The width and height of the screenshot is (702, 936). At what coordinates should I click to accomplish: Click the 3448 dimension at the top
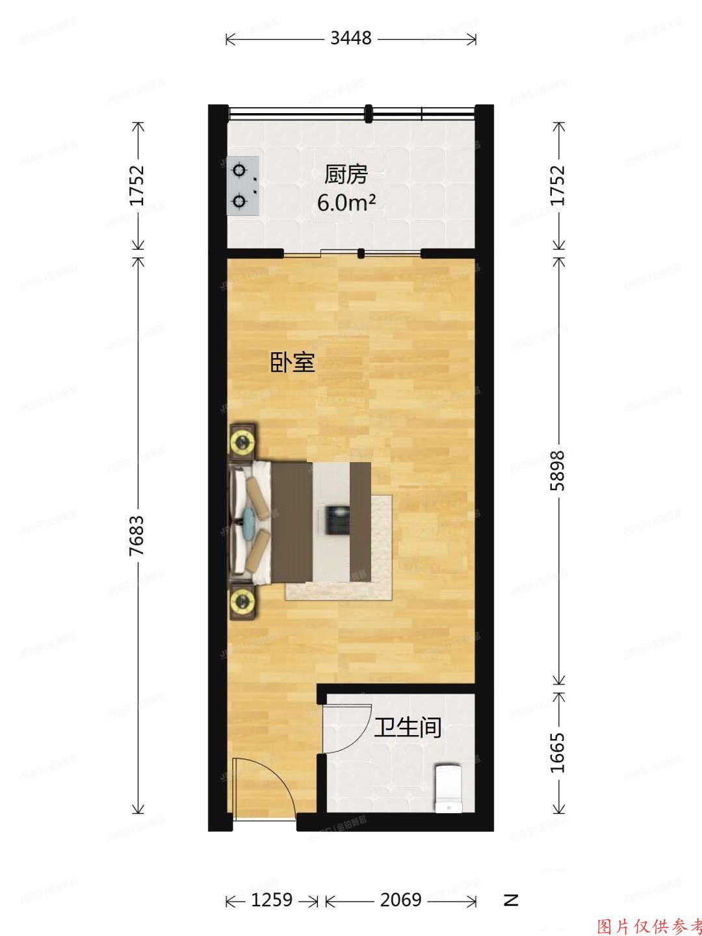[350, 38]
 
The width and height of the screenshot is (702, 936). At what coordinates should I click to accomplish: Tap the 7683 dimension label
[137, 536]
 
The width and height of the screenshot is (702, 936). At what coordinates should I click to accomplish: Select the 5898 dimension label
[558, 469]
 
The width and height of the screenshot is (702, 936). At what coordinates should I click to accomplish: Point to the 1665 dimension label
[558, 753]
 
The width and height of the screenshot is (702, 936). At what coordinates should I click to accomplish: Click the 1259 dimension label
[271, 900]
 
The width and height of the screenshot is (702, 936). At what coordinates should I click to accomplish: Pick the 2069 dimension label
[400, 900]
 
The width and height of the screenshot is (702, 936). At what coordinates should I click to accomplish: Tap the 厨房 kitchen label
[346, 174]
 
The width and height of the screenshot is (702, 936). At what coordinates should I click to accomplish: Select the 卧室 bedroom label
[292, 363]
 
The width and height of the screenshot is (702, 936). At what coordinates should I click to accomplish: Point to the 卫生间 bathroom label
[408, 727]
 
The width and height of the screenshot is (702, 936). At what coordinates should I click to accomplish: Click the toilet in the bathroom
[448, 788]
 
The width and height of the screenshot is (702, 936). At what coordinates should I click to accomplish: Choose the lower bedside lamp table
[243, 601]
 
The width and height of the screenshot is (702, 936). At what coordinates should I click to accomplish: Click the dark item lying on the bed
[336, 519]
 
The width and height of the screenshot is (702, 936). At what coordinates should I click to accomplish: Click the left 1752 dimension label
[137, 186]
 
